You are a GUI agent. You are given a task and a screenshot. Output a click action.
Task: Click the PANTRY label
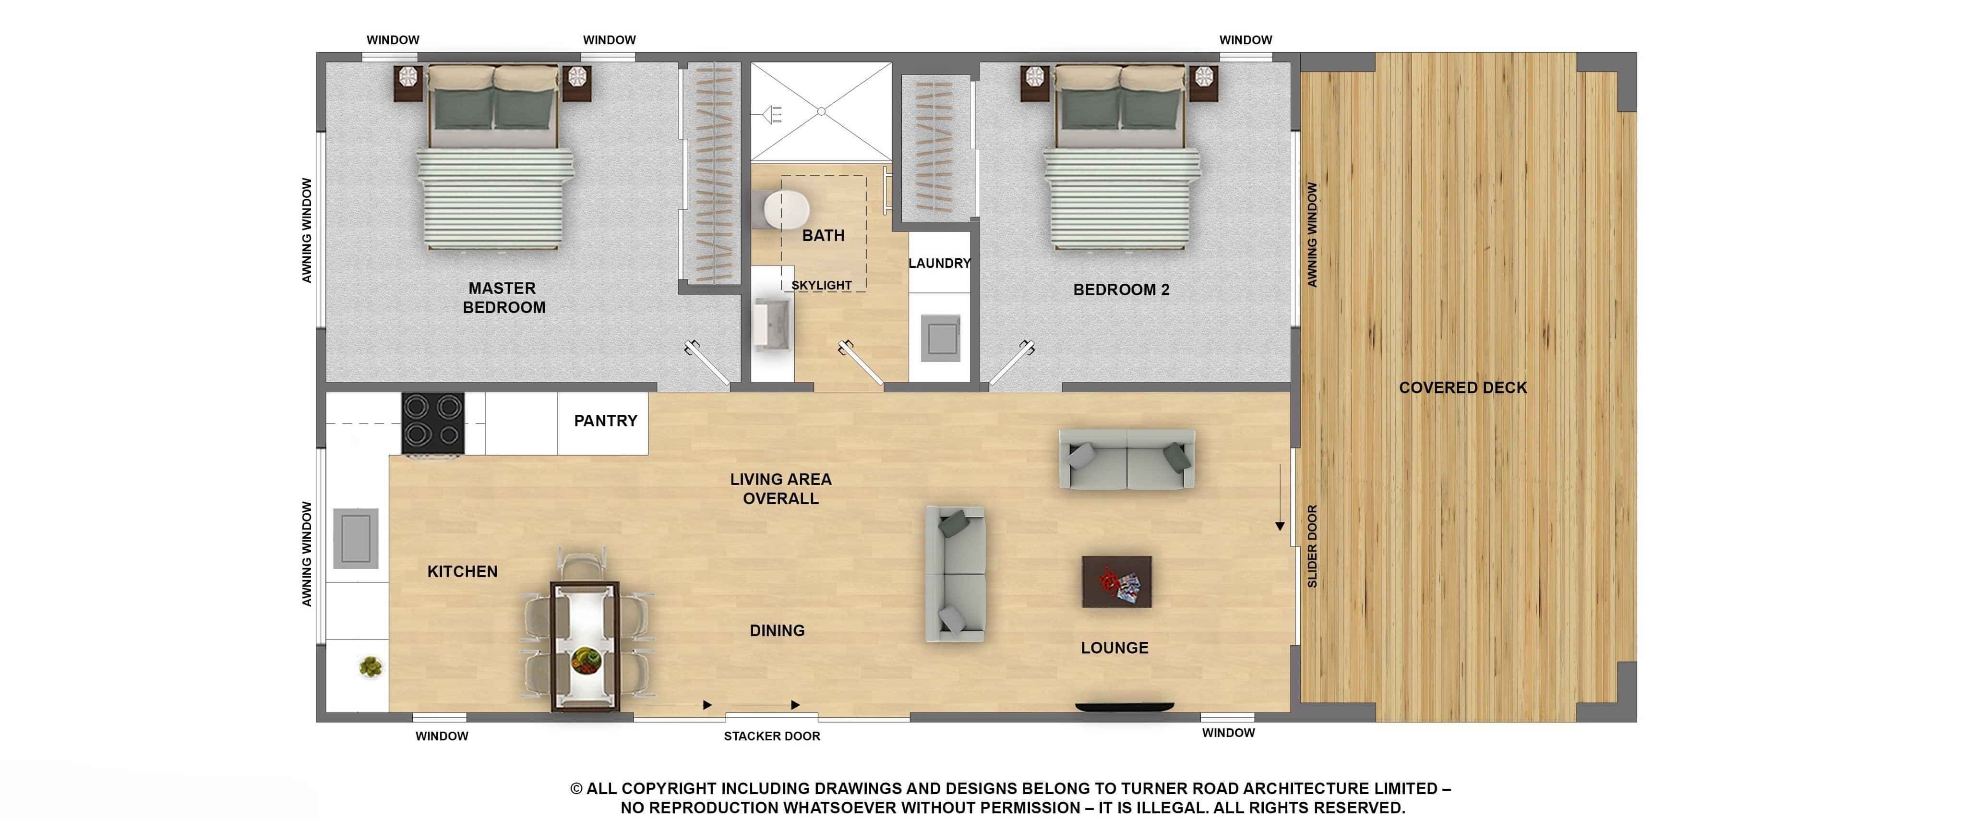pos(605,421)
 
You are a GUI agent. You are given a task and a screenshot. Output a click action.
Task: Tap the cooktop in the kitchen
pos(432,423)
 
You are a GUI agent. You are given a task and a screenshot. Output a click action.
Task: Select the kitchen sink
pos(355,539)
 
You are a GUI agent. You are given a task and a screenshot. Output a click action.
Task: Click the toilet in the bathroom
pos(786,209)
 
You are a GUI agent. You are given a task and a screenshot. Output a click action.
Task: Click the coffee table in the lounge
pos(1116,581)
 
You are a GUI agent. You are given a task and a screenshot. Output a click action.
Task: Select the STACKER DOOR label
pos(772,736)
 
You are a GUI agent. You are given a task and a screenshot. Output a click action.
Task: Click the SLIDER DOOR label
pos(1312,546)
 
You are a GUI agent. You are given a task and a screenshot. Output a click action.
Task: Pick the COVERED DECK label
pos(1463,387)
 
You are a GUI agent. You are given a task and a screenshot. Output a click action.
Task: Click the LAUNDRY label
pos(939,263)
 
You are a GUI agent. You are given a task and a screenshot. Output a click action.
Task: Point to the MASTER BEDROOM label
pos(503,298)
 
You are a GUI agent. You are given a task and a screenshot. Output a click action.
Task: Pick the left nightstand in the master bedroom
pos(408,82)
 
